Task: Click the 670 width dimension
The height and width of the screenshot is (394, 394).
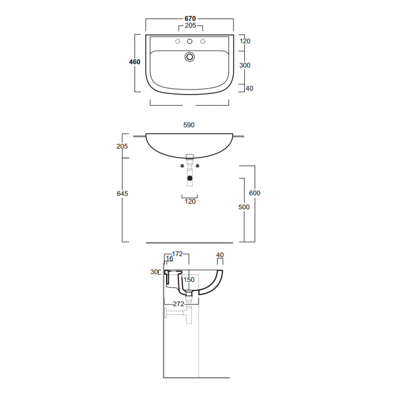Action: pyautogui.click(x=190, y=19)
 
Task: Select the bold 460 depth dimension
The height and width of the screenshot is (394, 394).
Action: pyautogui.click(x=135, y=62)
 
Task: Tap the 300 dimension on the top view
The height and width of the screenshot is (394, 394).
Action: pyautogui.click(x=245, y=65)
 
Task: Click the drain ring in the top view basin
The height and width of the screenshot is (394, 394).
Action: pyautogui.click(x=190, y=57)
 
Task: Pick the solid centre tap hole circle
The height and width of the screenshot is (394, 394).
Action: pyautogui.click(x=190, y=42)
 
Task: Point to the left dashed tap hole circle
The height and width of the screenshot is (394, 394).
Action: pyautogui.click(x=178, y=41)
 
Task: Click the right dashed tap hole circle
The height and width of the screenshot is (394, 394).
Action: pyautogui.click(x=203, y=41)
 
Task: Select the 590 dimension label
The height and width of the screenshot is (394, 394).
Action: pyautogui.click(x=189, y=125)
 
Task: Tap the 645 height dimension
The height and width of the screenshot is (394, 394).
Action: pyautogui.click(x=122, y=194)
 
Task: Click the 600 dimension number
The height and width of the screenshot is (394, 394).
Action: pyautogui.click(x=254, y=193)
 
